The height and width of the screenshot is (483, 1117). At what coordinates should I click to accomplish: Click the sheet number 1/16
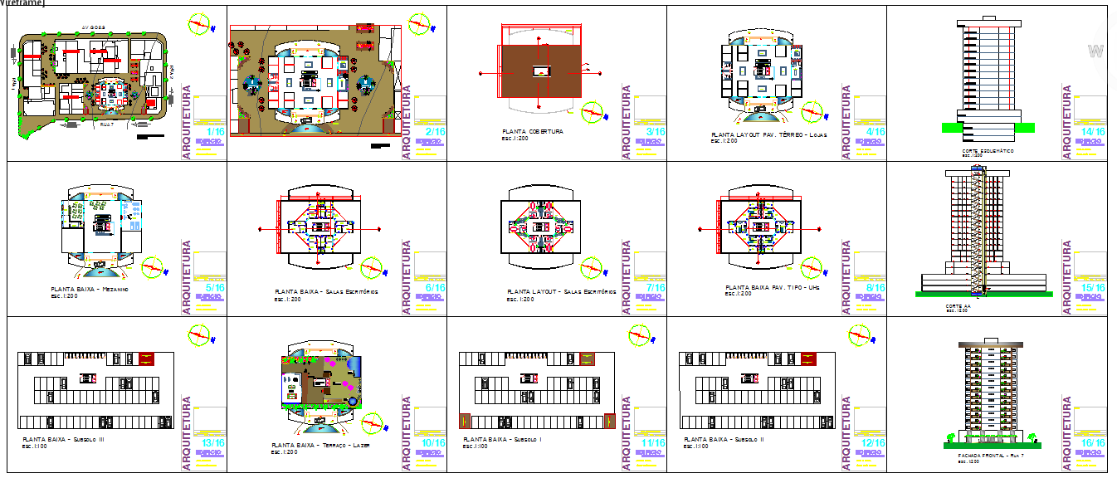coord(215,132)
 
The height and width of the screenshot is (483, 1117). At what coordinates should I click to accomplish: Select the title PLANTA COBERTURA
coord(533,131)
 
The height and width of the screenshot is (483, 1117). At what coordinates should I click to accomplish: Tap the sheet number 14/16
coord(1094,132)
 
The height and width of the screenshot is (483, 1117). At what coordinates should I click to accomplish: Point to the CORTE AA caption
coord(957,306)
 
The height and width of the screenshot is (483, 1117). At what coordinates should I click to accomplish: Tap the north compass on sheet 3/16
coord(592,111)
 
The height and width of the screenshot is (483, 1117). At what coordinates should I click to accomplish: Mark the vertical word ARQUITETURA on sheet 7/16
coord(627,277)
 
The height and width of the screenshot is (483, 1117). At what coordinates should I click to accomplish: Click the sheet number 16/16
coord(1094,443)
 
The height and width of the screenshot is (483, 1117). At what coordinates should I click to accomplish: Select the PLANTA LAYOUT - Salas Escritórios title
coord(561,292)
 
